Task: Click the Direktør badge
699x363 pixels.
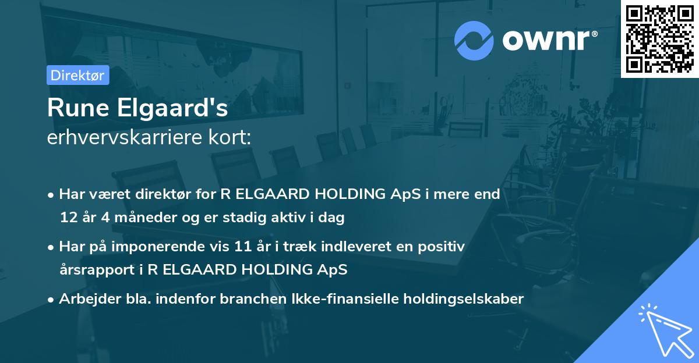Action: click(77, 75)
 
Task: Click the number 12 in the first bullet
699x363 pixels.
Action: click(68, 218)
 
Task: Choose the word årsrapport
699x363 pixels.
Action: click(91, 270)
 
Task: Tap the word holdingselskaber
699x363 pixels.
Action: click(461, 299)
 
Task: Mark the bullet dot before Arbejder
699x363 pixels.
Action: click(52, 300)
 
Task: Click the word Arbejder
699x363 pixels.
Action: click(85, 299)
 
